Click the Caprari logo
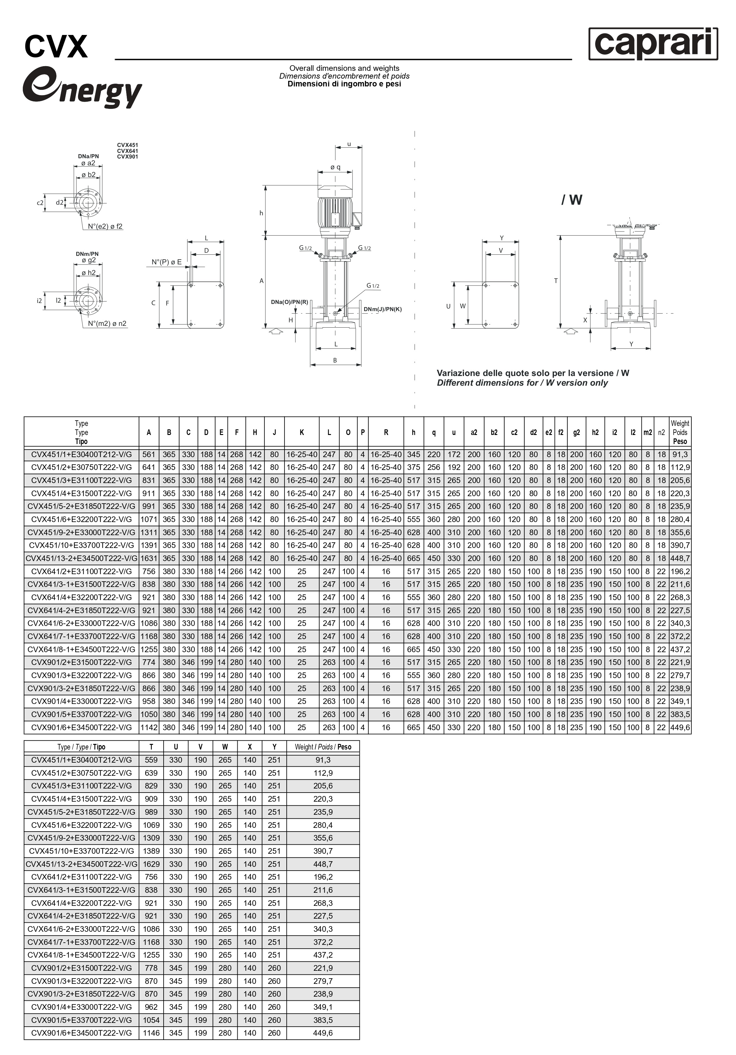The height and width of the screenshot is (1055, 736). tap(653, 44)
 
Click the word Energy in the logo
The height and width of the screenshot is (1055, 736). tap(83, 88)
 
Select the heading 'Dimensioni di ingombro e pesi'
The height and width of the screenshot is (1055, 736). tap(344, 84)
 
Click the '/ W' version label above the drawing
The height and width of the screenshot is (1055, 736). tap(571, 200)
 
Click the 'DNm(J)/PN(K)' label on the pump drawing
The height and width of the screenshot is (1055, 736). tap(383, 309)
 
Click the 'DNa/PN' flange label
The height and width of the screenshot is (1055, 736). tap(88, 156)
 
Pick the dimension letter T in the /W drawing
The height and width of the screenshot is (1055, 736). tap(556, 281)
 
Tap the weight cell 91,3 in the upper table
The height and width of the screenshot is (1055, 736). tap(680, 454)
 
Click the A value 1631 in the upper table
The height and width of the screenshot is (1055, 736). tap(149, 558)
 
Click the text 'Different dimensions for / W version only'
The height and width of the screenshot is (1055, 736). tap(522, 383)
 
